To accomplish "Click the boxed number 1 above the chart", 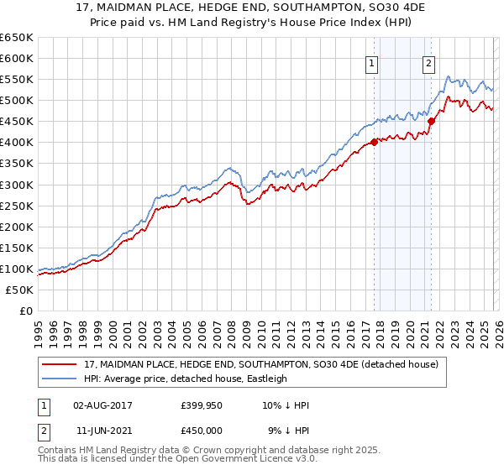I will (371, 62).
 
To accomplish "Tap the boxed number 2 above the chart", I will (428, 62).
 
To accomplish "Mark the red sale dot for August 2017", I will (374, 142).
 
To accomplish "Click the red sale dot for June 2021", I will (431, 121).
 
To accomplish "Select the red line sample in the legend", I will (60, 365).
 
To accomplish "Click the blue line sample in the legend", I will (60, 379).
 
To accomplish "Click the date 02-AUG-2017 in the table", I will (102, 405).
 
